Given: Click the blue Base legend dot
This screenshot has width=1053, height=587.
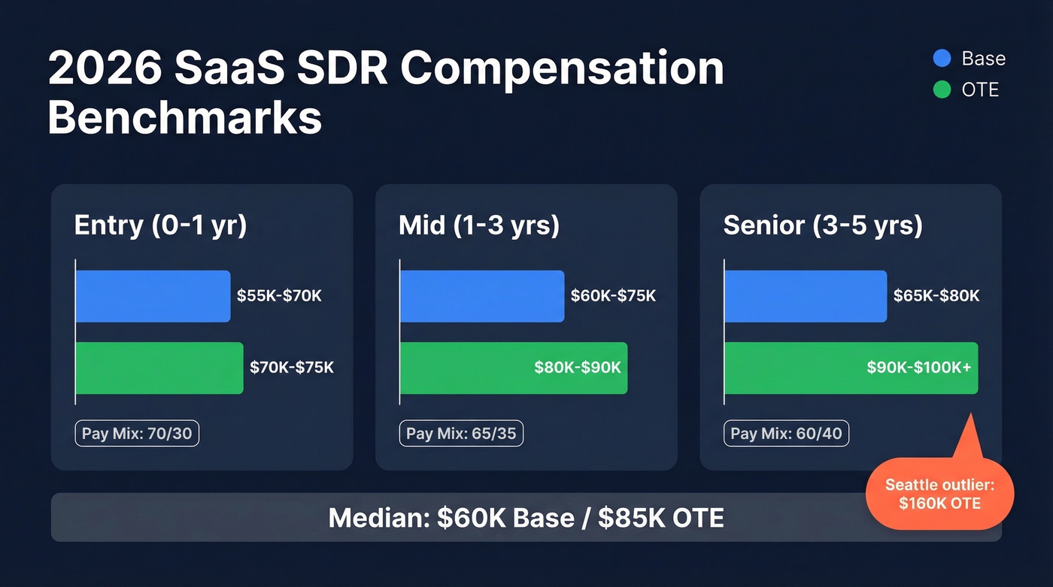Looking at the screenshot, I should pos(942,59).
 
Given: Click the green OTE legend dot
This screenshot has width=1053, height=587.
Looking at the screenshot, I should pos(942,89).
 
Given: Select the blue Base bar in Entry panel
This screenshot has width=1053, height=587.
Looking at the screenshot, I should pos(153,296).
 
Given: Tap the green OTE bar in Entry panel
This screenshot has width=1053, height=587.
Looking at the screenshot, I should pos(159,368).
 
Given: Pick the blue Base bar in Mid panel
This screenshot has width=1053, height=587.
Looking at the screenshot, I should pos(482,296).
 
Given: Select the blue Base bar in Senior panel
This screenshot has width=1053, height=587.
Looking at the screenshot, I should pos(806,296).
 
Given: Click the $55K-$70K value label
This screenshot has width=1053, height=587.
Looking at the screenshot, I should pos(279,296).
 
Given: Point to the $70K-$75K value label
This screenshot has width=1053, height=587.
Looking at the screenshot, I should pos(292,368).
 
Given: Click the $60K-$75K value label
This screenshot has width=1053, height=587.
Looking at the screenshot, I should pos(613,296).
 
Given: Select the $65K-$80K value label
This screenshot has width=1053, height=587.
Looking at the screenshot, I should pos(936,296).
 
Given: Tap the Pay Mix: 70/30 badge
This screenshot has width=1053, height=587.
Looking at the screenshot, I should pos(137,434).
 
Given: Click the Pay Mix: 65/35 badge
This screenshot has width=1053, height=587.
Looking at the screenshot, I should pos(461,434).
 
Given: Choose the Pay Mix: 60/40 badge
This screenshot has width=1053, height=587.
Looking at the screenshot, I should pos(786,434).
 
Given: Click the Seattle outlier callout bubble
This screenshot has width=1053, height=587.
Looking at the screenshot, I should pos(939,495).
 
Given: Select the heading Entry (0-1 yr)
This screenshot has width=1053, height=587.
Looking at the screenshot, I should pos(160,226).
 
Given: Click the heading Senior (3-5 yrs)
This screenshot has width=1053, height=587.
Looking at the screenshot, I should pos(823,226).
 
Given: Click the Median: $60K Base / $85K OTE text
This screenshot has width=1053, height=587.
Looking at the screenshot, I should pos(526,517).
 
